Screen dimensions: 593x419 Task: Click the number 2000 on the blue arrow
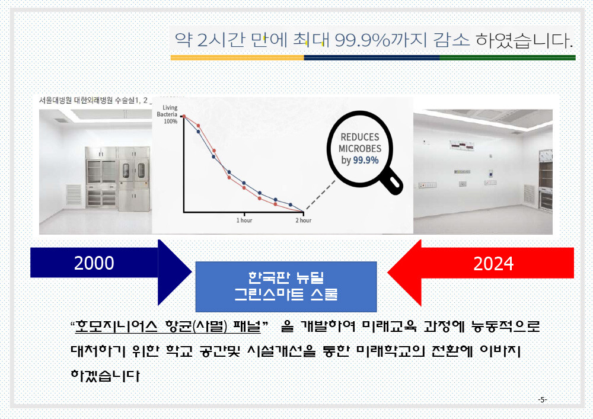94,263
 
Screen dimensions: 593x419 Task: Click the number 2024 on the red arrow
493,263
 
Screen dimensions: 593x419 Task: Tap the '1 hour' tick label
244,220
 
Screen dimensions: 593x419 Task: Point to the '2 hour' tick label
303,220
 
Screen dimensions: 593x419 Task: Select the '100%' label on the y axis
171,121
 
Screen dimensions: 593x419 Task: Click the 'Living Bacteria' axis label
167,111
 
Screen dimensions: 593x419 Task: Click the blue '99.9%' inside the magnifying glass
366,160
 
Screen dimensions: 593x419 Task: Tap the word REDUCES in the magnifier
360,137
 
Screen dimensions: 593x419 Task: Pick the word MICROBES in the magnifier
360,149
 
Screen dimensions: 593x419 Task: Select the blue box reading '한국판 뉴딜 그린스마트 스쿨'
286,286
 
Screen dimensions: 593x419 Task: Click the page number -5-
543,399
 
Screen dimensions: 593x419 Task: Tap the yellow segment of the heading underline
237,58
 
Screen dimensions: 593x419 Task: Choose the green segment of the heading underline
508,58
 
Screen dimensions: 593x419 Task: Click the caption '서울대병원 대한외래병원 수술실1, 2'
93,100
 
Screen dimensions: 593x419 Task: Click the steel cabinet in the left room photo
118,178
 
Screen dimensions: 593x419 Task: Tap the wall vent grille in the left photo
74,196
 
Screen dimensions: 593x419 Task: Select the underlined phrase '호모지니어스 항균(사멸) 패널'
168,326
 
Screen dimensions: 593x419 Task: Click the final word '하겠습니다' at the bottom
105,376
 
